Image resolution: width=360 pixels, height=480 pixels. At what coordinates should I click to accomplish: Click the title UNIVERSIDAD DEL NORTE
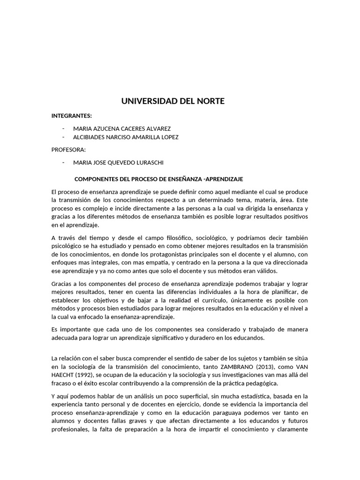coord(173,101)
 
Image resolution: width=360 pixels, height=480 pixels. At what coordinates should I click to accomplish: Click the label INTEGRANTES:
coord(72,116)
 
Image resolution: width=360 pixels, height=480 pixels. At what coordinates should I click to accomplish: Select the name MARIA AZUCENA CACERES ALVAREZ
coord(122,128)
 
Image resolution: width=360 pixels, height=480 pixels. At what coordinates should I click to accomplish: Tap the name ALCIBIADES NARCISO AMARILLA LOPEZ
coord(126,137)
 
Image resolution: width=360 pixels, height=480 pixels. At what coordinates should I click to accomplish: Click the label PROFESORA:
coord(68,150)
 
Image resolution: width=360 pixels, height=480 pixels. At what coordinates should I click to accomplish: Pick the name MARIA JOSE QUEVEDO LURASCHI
coord(118,163)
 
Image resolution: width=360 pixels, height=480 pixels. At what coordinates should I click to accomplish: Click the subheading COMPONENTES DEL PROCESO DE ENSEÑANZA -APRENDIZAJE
coord(159,180)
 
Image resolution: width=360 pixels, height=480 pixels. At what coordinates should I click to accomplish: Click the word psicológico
coord(69,246)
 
